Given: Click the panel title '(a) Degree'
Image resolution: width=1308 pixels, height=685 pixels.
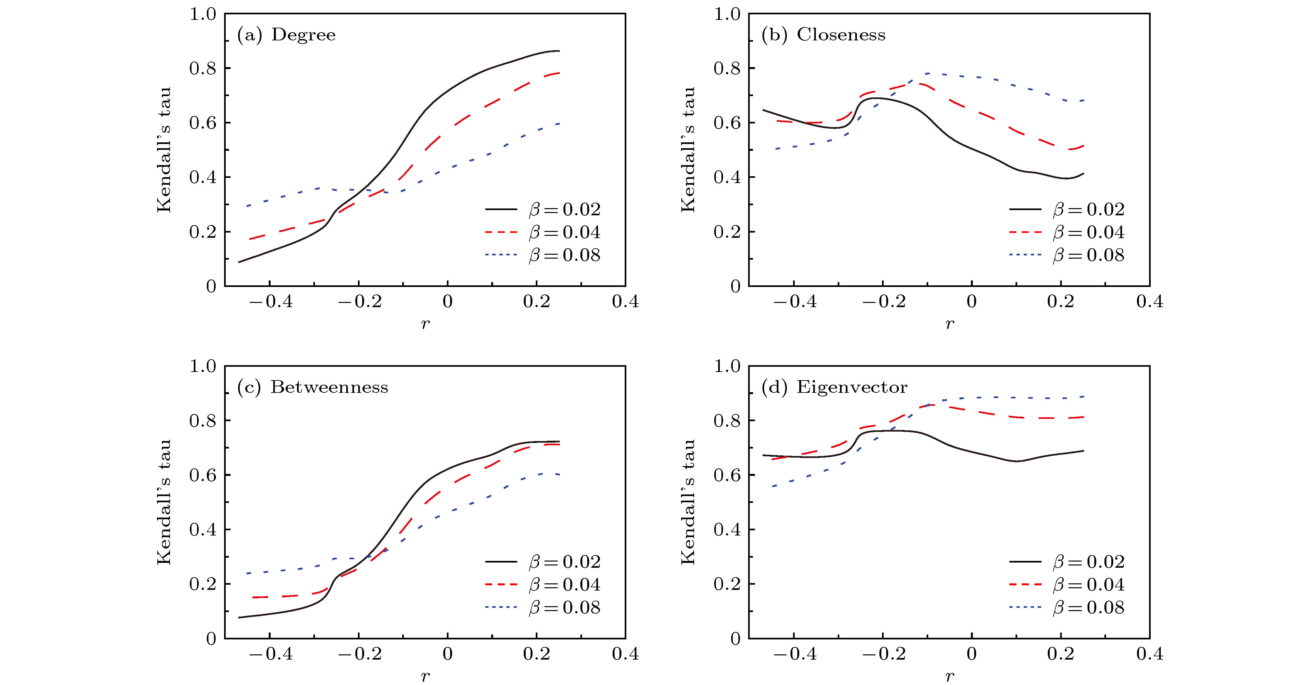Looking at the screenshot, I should pyautogui.click(x=286, y=35).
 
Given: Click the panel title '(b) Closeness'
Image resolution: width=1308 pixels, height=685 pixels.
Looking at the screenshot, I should pyautogui.click(x=823, y=35).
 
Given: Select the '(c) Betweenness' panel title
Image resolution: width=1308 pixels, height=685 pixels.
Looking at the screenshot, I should pyautogui.click(x=313, y=387).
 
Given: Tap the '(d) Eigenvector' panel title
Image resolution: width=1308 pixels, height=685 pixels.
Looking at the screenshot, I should pyautogui.click(x=834, y=387).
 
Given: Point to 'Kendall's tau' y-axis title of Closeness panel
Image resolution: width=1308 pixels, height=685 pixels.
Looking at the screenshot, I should pyautogui.click(x=688, y=150).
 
